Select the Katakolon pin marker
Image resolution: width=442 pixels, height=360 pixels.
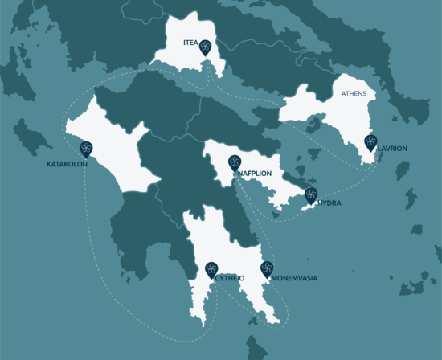86,149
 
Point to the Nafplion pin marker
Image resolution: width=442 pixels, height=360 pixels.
235,163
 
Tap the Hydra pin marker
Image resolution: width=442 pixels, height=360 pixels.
311,195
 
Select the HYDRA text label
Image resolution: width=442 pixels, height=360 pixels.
329,203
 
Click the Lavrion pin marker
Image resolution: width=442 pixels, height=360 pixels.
370,143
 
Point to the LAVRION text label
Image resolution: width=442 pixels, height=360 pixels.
392,149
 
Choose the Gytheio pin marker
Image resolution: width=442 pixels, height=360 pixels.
212,270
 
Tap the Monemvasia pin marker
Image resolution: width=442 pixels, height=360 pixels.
267,270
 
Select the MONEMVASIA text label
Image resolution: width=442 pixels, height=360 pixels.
295,278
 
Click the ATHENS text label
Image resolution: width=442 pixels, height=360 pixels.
354,94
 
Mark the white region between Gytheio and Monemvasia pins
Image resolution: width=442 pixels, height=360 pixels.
239,257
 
